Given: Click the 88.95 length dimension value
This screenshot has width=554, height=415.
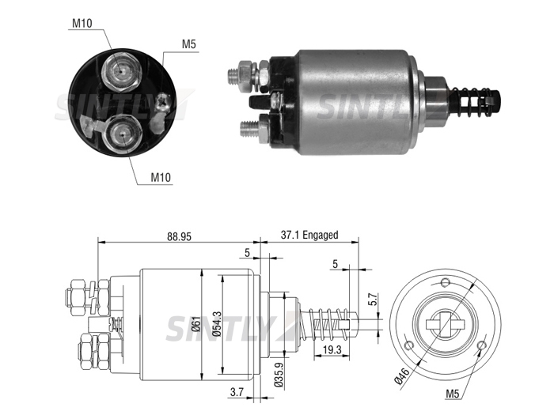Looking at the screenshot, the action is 179,236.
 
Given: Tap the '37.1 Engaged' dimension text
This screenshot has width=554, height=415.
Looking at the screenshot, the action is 309,235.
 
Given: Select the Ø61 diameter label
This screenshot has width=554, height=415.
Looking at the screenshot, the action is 196,324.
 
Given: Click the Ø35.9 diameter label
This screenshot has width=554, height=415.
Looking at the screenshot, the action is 279,375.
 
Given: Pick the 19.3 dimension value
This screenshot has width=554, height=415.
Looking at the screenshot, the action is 332,349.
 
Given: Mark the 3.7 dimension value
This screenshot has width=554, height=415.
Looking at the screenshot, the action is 237,392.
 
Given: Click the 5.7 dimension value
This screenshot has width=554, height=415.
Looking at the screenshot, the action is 373,299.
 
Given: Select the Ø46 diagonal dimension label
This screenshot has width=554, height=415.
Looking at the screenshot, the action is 402,375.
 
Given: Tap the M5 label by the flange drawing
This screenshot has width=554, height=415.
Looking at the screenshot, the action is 453,393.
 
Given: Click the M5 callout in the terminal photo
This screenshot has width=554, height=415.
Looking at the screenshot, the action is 188,44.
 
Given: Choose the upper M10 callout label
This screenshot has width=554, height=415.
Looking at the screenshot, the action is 82,23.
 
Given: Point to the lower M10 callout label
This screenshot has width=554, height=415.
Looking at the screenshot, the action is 161,177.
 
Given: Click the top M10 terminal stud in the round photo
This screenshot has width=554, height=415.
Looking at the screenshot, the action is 122,72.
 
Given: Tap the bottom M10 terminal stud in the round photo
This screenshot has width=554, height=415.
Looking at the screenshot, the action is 122,134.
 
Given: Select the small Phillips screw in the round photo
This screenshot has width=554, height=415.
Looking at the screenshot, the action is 164,102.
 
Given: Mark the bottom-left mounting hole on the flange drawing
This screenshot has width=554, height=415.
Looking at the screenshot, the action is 409,345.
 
